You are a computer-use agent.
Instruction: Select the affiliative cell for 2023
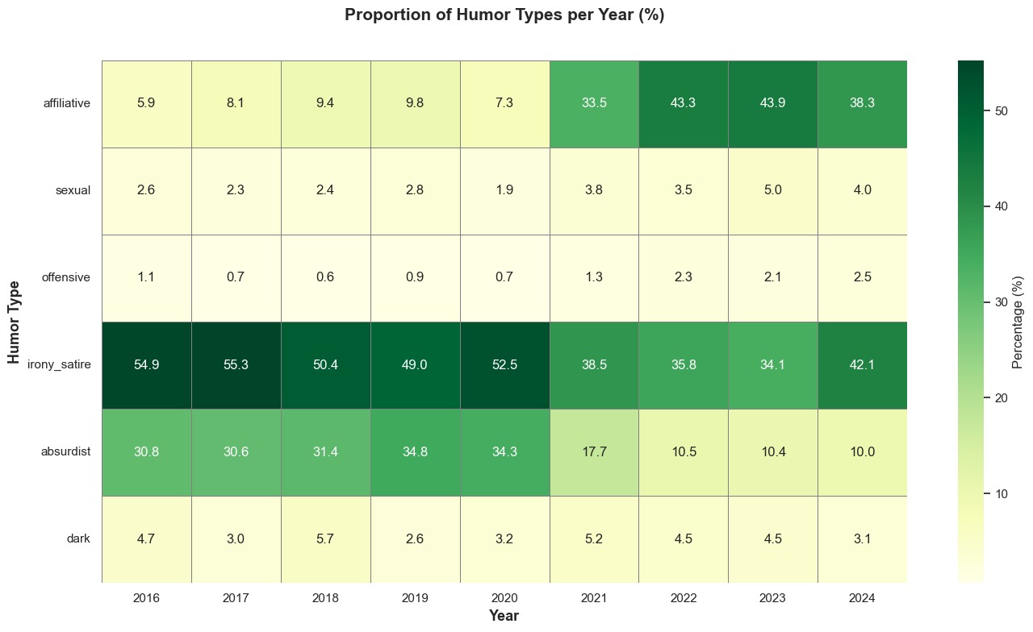click(x=773, y=103)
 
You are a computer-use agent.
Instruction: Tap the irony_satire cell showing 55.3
click(x=236, y=364)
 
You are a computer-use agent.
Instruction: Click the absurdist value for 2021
click(x=594, y=451)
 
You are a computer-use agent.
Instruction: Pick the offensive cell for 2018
click(x=325, y=277)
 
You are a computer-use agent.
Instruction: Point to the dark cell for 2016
click(x=146, y=538)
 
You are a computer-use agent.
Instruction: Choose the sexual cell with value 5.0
click(x=773, y=190)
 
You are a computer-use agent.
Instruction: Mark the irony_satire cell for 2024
click(x=862, y=364)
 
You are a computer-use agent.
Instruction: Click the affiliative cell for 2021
click(x=594, y=103)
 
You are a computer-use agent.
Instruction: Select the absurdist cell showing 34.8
click(x=415, y=451)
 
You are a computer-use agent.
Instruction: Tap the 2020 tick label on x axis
click(x=504, y=598)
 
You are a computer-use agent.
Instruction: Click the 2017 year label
click(x=236, y=598)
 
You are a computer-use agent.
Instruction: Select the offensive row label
click(x=66, y=277)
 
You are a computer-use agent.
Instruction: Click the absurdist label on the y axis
click(x=66, y=451)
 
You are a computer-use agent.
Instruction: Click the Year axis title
click(x=504, y=616)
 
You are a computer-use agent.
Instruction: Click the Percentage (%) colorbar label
click(x=1018, y=321)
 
